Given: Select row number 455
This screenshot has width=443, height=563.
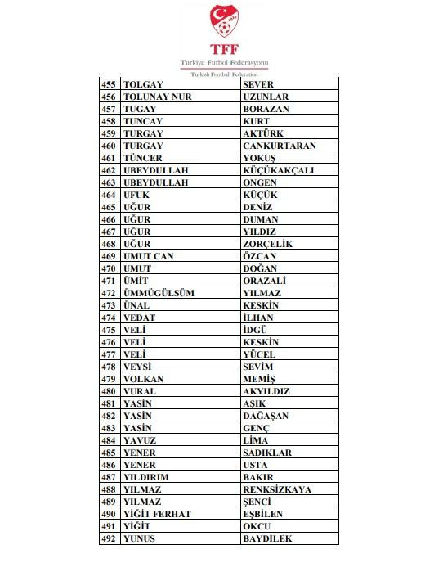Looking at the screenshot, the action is tap(109, 84).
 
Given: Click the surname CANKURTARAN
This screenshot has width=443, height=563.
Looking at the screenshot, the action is tap(280, 146).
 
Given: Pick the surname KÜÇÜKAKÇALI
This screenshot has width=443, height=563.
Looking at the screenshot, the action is tap(278, 170).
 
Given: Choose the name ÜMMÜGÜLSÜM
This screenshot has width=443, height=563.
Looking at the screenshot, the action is tap(159, 293).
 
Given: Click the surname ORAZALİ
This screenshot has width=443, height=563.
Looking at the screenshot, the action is tap(263, 281).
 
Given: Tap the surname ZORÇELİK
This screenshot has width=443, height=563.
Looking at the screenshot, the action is tap(267, 244).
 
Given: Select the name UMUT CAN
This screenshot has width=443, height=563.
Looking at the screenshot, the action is tap(148, 256).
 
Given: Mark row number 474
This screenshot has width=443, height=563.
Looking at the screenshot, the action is tap(109, 318).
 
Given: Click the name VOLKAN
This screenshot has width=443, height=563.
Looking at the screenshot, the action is tap(143, 379).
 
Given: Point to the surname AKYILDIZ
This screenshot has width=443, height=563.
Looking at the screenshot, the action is tap(266, 391).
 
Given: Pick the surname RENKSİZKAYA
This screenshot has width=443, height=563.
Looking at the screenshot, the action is tap(277, 489).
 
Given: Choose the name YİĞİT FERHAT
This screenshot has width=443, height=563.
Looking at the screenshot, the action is tap(157, 514).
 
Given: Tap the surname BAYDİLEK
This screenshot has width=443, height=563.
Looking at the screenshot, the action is tap(267, 538).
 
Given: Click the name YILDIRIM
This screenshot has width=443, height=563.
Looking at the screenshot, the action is tap(147, 477).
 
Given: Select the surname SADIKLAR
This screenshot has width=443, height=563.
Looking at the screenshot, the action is tap(267, 453).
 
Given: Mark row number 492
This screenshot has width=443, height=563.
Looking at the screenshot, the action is tap(109, 538).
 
